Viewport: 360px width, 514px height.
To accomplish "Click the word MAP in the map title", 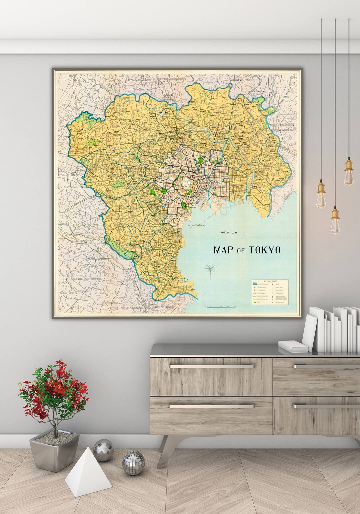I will point(223,250).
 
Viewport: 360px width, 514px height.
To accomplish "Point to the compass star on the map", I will point(211,268).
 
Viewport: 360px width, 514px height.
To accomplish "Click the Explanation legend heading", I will point(270,281).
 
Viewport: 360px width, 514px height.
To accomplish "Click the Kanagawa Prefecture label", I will point(85,278).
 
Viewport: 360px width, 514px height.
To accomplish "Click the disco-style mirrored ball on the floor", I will point(133,463).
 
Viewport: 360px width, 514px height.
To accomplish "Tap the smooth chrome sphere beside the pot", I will point(103,450).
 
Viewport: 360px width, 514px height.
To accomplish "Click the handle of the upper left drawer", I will point(211,366).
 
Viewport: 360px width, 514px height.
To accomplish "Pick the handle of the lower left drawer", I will point(211,406).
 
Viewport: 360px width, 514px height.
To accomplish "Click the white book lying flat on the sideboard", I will point(293,346).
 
